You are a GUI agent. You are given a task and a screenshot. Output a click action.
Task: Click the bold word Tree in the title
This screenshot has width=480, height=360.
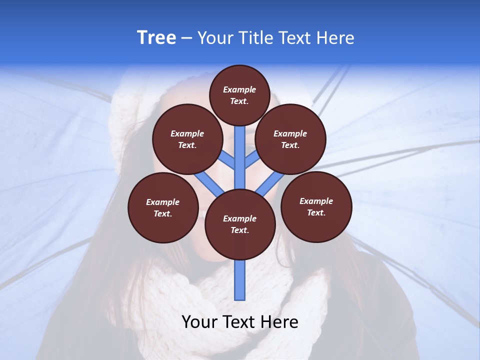click(156, 37)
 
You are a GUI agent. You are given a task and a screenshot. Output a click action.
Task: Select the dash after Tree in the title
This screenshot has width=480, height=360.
click(186, 38)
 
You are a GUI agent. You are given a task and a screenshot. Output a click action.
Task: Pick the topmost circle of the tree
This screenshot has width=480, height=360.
click(239, 95)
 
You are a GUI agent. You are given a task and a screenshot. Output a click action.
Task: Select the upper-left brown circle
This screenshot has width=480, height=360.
click(187, 139)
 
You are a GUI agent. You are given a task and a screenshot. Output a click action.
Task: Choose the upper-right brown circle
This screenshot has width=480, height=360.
click(290, 139)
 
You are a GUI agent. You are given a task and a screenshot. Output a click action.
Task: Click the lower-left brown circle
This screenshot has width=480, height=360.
click(163, 207)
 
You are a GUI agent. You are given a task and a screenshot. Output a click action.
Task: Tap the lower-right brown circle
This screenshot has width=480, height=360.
click(316, 206)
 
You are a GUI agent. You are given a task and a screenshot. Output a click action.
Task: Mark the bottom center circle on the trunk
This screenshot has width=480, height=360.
click(240, 224)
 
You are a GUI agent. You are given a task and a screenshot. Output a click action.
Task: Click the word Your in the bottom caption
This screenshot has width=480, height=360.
click(199, 322)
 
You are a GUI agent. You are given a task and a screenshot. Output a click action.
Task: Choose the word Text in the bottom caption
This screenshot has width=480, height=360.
click(240, 322)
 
